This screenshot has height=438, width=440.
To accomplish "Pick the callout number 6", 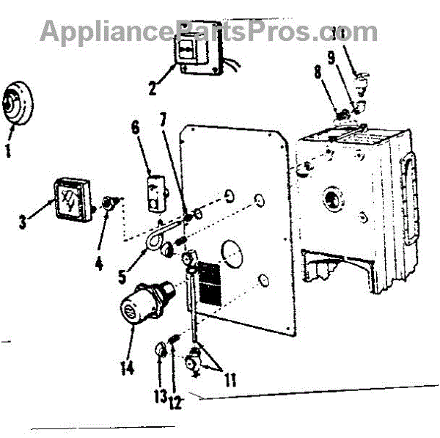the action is click(134, 127).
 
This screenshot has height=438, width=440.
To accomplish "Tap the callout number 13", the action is click(160, 396).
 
